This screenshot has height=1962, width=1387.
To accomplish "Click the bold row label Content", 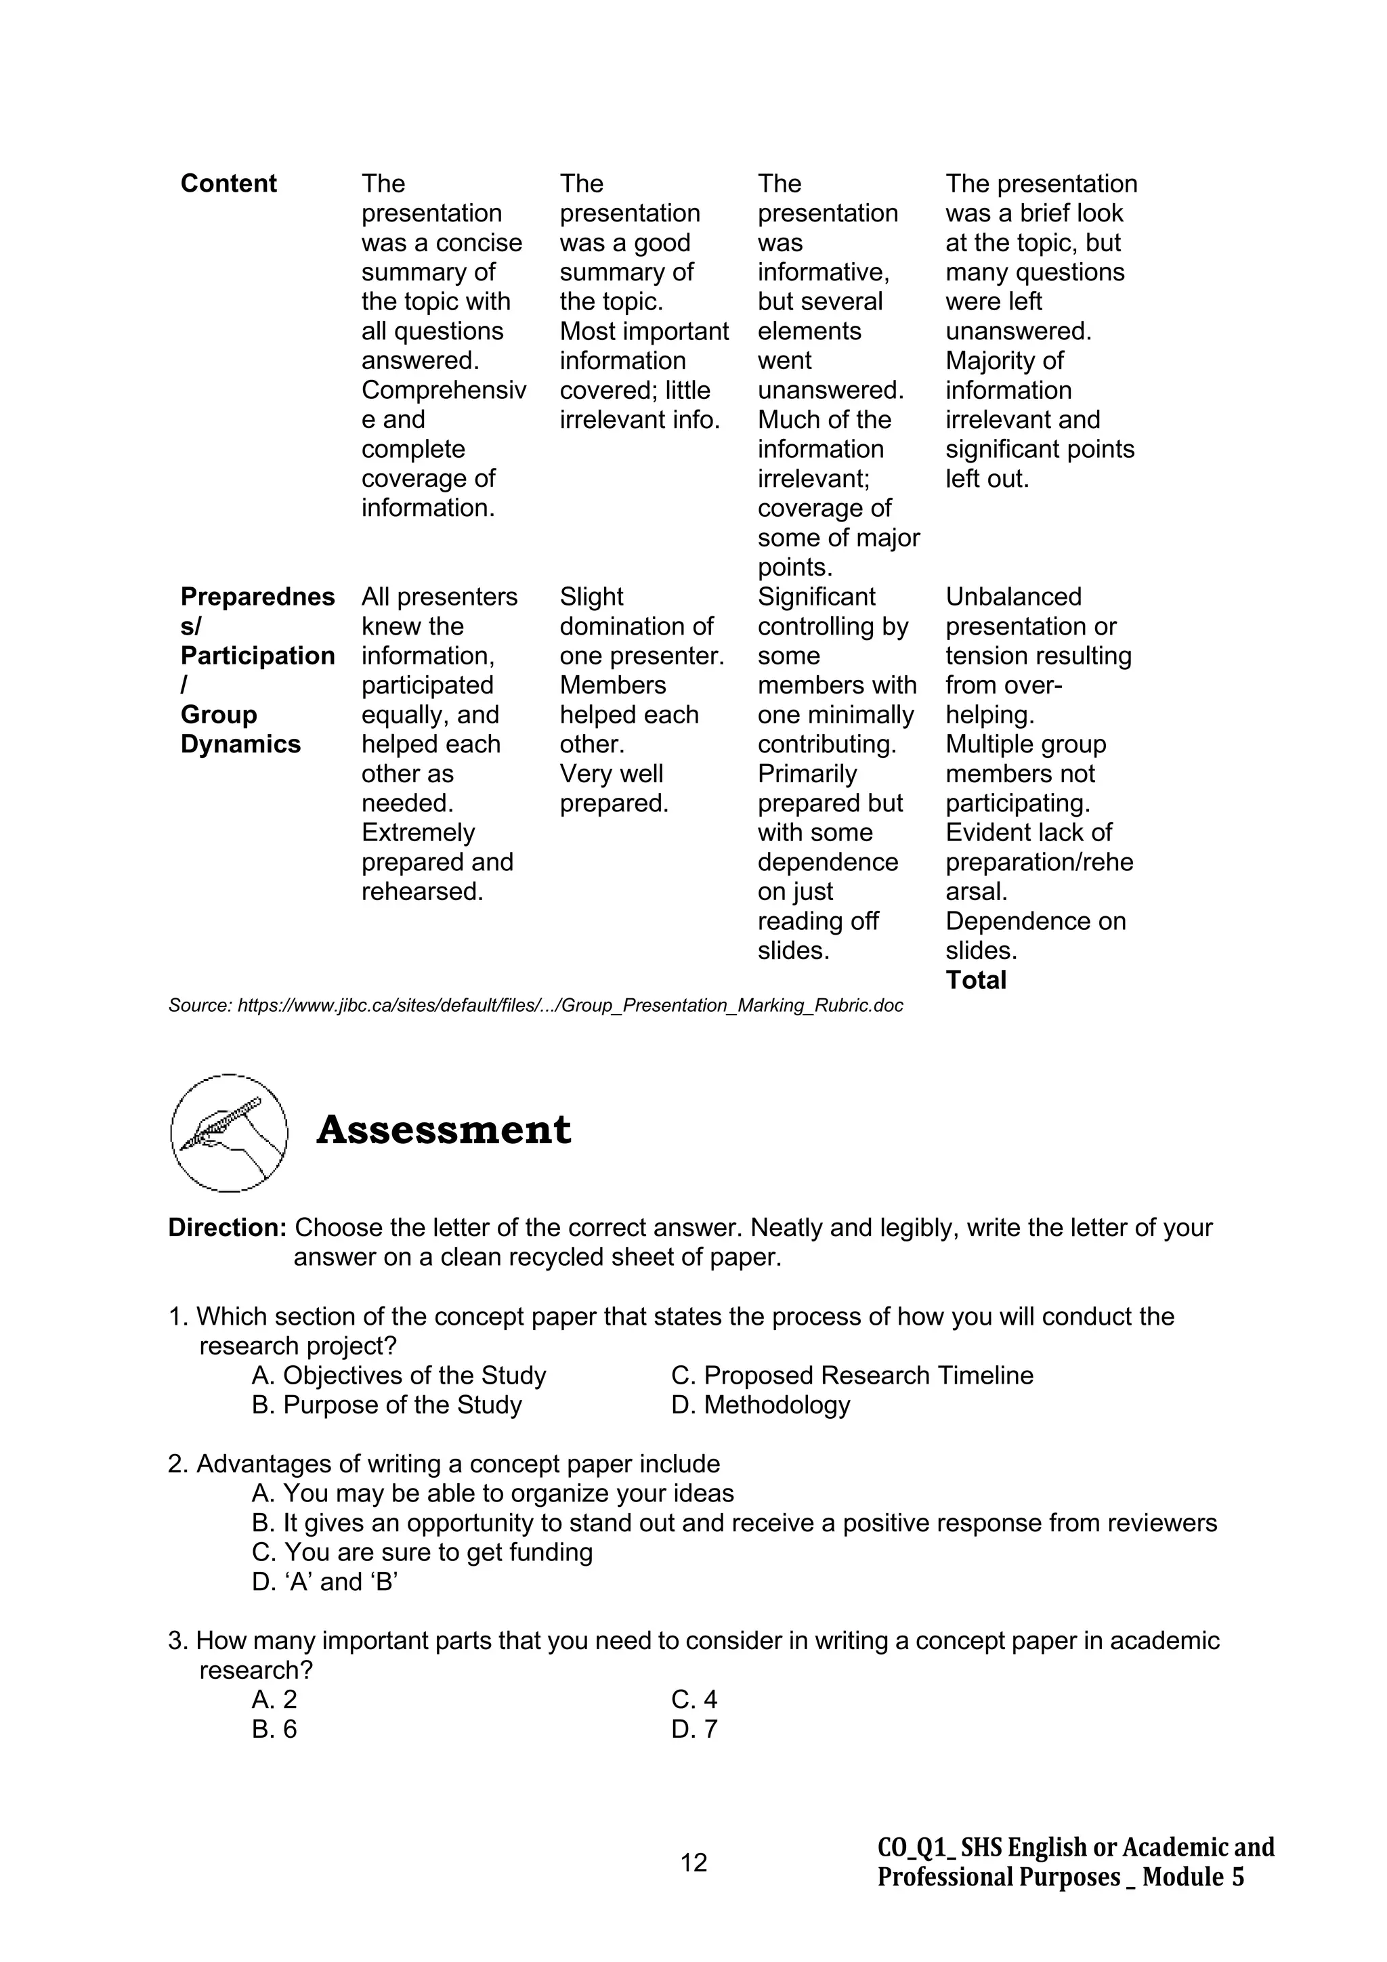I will point(228,184).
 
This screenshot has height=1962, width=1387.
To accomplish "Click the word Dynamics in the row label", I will point(240,744).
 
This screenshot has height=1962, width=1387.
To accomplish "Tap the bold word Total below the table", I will point(975,980).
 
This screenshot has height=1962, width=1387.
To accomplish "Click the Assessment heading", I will point(443,1130).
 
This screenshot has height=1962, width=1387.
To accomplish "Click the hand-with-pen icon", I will point(229,1132).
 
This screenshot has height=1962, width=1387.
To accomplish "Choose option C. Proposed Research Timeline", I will point(852,1375).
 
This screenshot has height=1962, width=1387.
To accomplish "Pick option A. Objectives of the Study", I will point(398,1375).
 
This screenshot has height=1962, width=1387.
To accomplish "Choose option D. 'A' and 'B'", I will point(325,1582).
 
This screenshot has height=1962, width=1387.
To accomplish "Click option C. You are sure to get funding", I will point(422,1552).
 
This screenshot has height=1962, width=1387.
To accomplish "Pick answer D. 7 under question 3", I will point(694,1729).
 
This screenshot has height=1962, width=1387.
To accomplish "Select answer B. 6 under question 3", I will point(274,1729).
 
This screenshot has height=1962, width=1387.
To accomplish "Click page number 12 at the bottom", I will point(693,1862).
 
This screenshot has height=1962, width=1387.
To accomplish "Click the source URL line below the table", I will point(535,1006).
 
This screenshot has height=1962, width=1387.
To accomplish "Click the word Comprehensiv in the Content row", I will point(444,391).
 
